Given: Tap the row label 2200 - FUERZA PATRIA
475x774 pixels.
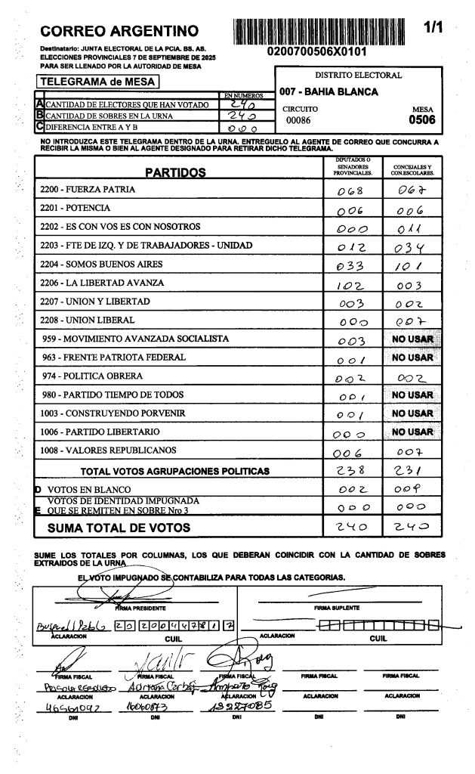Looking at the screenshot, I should [x=88, y=189].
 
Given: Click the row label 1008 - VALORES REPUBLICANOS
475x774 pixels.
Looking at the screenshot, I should [x=109, y=450].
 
